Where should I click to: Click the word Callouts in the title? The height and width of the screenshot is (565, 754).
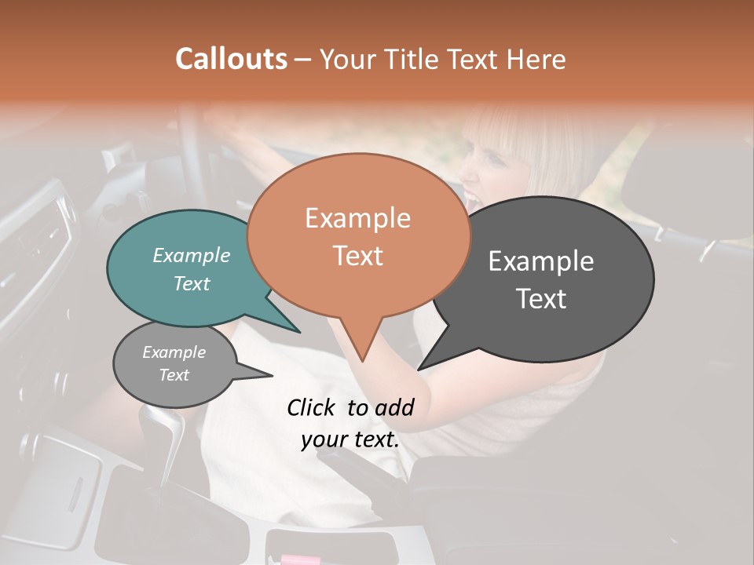coord(231,59)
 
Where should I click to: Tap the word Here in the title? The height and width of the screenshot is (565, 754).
coord(536,59)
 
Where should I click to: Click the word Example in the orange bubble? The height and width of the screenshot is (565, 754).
coord(357,218)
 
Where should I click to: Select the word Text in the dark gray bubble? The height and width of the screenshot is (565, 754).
coord(541,299)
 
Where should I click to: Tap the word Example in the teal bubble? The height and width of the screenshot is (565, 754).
coord(191,256)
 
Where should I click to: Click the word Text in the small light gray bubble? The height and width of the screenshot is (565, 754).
coord(174,375)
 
